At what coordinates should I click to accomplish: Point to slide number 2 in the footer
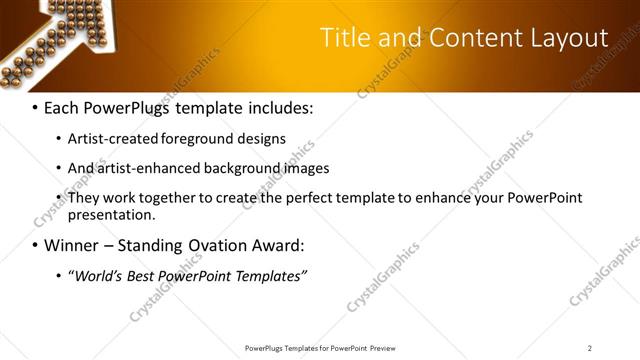(x=590, y=347)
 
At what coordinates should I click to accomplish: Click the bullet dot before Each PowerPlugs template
(x=36, y=107)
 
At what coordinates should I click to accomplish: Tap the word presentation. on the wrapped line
(x=112, y=214)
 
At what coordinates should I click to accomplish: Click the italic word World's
(x=97, y=275)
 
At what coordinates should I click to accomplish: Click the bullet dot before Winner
(x=36, y=245)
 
